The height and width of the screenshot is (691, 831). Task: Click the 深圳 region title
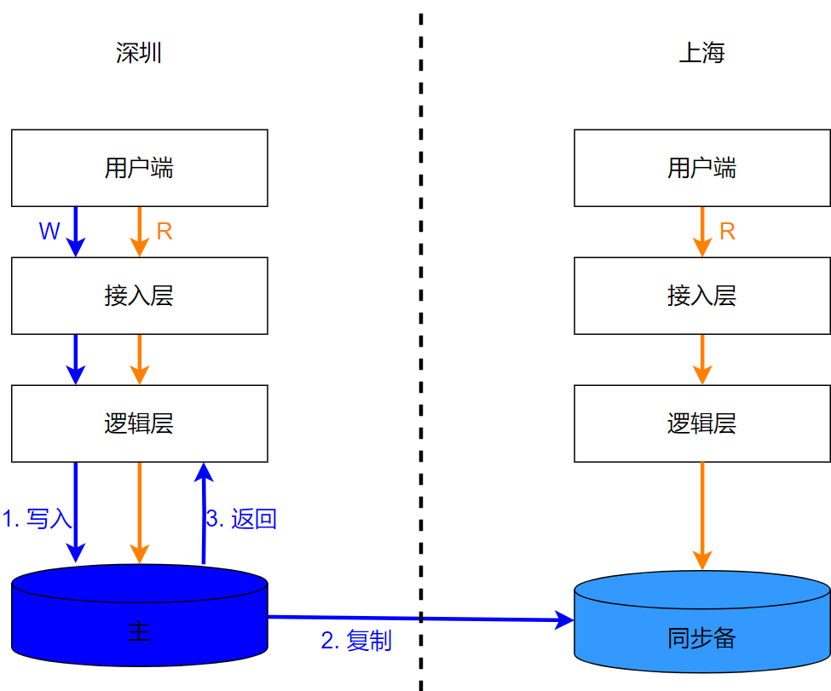[x=139, y=54]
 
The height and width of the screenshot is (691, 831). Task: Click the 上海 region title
[x=701, y=54]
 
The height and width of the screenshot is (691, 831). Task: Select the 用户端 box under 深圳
[x=139, y=168]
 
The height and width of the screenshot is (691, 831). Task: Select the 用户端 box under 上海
[x=701, y=168]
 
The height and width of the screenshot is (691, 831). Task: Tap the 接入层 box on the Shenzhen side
[x=139, y=296]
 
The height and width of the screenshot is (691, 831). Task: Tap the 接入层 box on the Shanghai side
[x=701, y=296]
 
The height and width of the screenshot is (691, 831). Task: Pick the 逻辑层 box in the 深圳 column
[x=139, y=423]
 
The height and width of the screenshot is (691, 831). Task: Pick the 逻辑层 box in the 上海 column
[x=701, y=423]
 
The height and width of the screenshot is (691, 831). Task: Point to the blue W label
[x=49, y=231]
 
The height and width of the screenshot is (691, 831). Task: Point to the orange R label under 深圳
[x=164, y=231]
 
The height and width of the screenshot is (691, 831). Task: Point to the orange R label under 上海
[x=727, y=231]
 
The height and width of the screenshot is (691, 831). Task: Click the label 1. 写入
[x=38, y=518]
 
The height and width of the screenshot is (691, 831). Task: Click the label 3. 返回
[x=241, y=518]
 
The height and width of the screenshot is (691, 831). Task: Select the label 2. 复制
[x=356, y=641]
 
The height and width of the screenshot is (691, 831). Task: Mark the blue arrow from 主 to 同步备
[x=477, y=619]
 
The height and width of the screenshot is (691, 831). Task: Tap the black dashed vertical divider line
[x=421, y=341]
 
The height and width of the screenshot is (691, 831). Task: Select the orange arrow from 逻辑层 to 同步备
[x=701, y=515]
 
